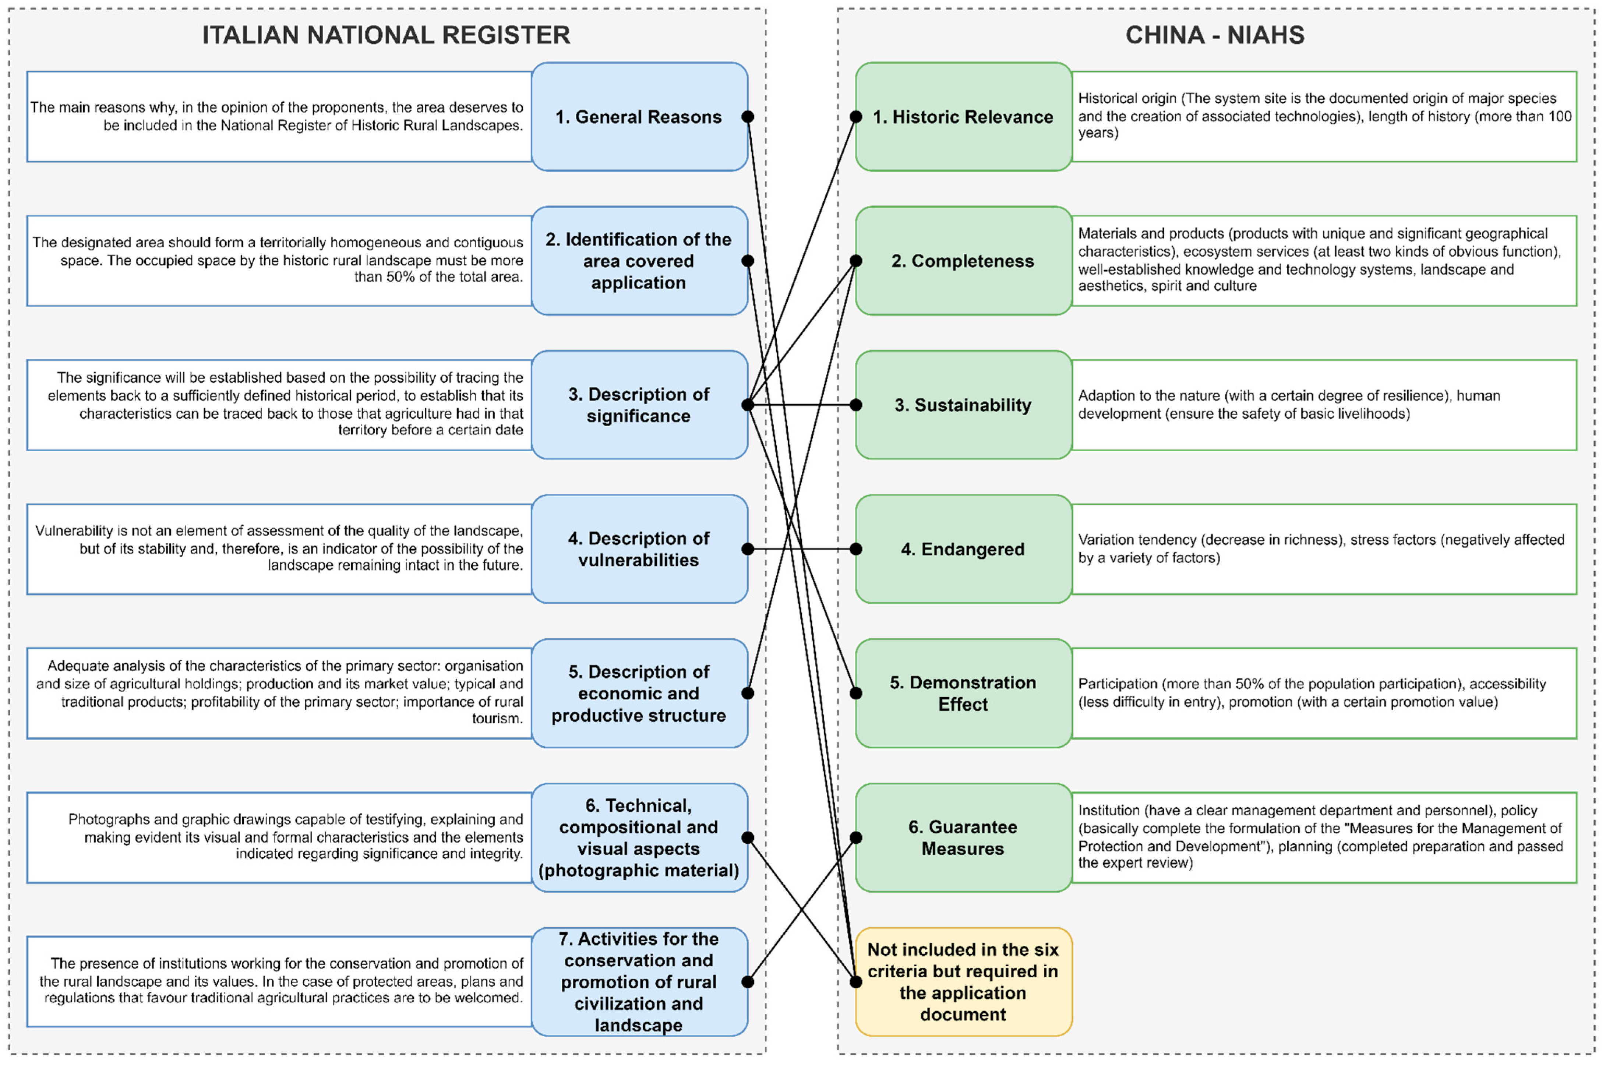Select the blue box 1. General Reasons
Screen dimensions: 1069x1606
639,117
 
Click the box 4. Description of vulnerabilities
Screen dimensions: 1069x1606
639,549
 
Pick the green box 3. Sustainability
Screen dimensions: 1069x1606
963,405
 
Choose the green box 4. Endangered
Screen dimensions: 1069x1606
963,549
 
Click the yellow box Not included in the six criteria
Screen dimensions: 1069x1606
963,982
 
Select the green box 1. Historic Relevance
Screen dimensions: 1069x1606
963,117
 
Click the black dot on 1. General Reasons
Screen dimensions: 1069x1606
748,117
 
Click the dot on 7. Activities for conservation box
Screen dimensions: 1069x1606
748,982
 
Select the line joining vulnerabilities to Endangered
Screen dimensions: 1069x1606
802,549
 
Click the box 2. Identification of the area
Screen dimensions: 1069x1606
639,260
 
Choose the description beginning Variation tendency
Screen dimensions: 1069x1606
1320,548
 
